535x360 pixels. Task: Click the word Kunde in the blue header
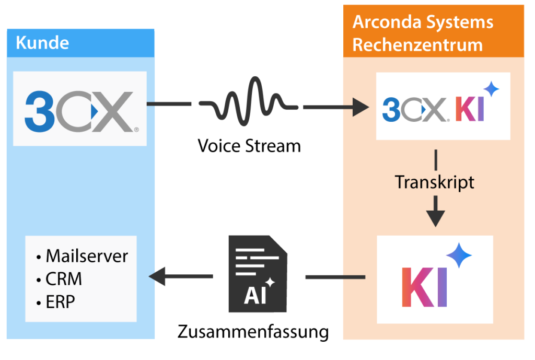pos(42,43)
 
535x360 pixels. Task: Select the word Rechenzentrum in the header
pos(417,45)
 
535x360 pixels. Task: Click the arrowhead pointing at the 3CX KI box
pos(360,107)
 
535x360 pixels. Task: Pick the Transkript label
pos(435,182)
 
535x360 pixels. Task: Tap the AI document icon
pos(258,274)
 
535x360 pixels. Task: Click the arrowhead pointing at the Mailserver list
pos(158,276)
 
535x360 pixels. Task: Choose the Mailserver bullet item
pos(86,256)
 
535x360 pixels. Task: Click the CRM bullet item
pos(63,279)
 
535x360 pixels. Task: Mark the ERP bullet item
pos(60,301)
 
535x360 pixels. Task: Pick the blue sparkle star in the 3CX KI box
pos(491,89)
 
